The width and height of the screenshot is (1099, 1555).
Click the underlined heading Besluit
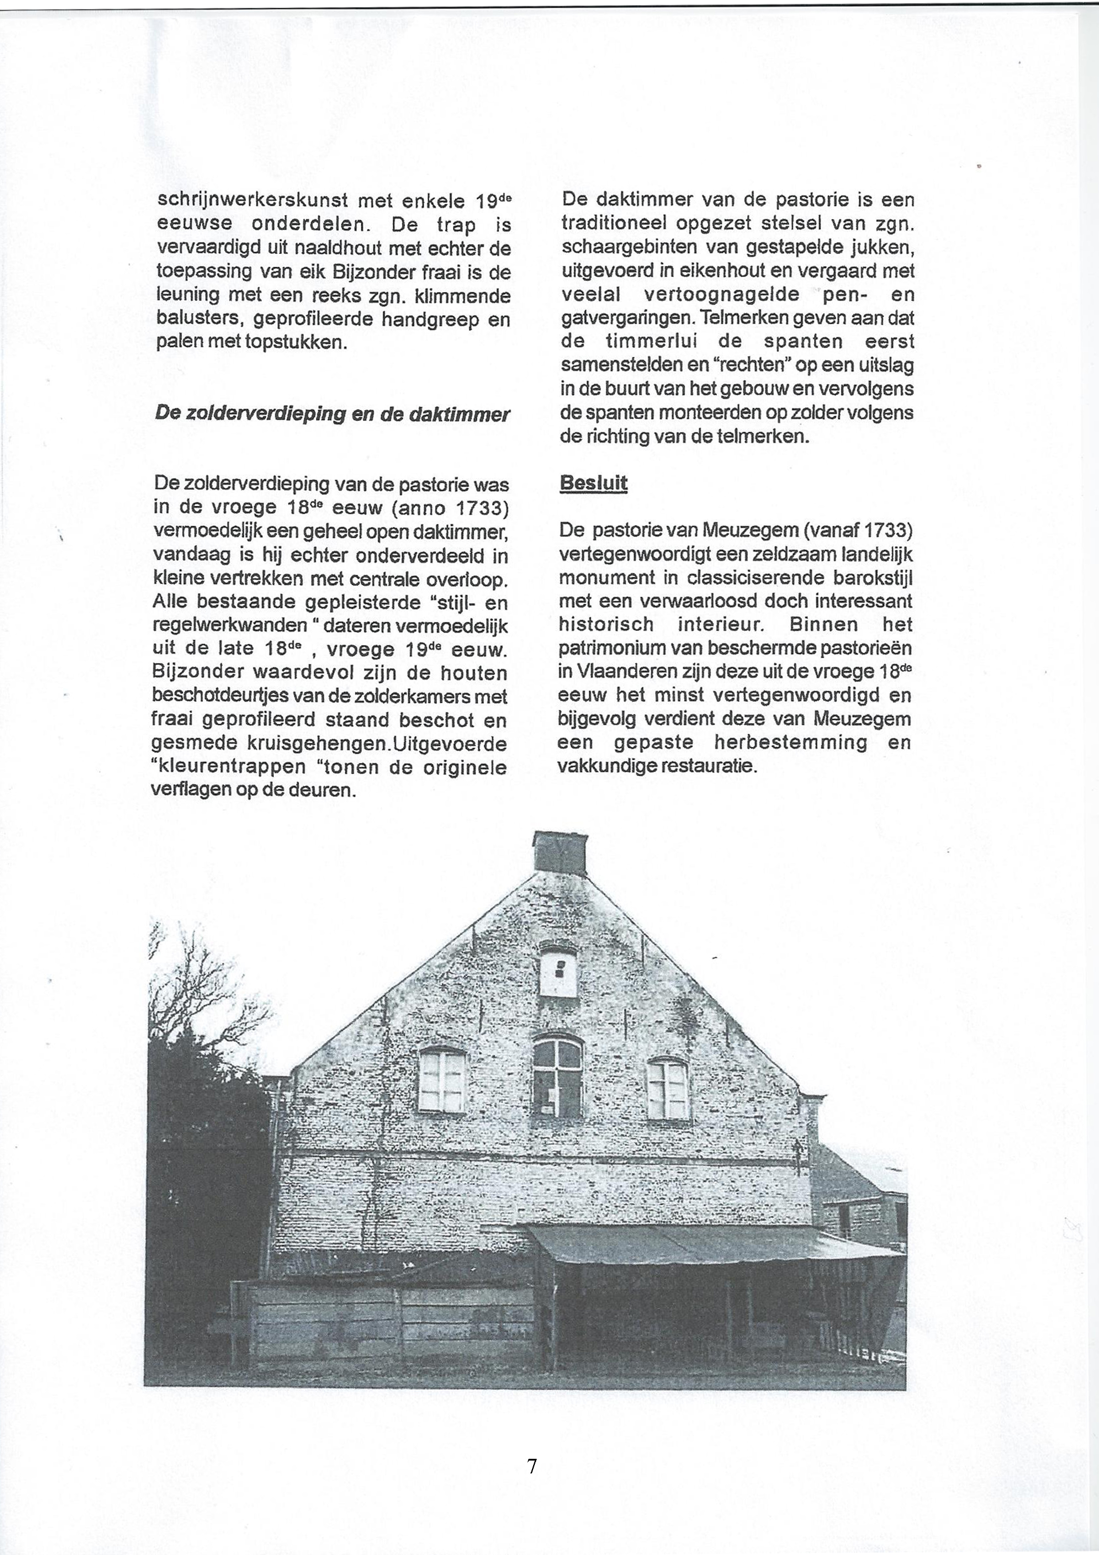[x=593, y=484]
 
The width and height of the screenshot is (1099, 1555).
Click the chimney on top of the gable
[x=560, y=852]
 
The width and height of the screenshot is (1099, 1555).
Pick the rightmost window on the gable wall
[x=668, y=1088]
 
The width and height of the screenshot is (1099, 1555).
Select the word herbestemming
[x=790, y=743]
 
